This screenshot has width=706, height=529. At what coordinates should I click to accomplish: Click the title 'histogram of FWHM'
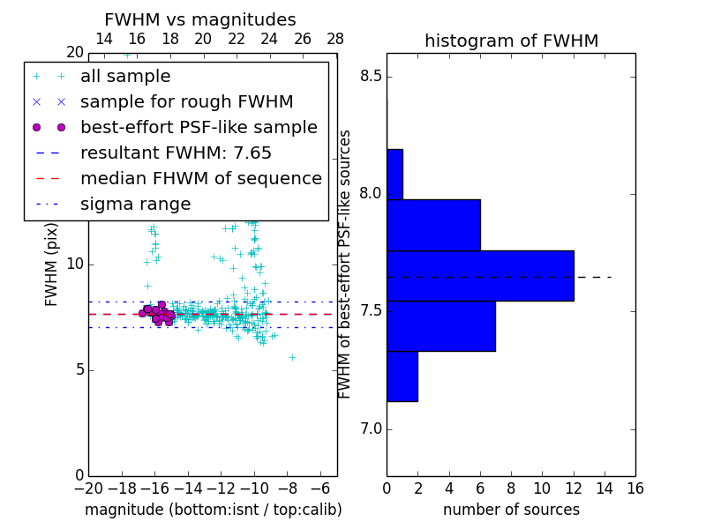511,41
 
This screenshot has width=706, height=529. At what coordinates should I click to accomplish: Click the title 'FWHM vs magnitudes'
200,20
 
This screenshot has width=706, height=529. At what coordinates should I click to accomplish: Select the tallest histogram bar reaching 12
480,276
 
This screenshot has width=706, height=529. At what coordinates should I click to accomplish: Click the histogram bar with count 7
441,326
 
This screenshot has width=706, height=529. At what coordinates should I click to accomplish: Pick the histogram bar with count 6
433,225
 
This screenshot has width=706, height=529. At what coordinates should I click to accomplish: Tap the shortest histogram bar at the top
394,175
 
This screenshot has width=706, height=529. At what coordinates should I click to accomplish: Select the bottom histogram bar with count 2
402,376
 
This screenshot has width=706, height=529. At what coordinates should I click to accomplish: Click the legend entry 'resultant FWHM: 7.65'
176,153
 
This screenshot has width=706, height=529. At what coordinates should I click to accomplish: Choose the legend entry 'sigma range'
135,205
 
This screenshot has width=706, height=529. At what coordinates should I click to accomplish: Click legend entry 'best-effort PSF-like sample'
199,127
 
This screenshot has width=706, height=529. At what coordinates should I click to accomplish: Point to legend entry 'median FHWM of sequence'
200,178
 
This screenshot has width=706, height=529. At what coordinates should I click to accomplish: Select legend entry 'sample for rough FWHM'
186,101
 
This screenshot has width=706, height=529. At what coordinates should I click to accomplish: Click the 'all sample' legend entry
125,76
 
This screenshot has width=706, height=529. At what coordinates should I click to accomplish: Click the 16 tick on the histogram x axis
635,488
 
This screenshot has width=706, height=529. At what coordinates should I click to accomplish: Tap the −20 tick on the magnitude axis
88,488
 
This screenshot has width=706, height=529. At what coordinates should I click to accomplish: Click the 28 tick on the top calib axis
335,39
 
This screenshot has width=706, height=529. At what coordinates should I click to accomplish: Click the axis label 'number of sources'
511,510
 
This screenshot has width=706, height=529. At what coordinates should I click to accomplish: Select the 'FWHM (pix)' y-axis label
52,264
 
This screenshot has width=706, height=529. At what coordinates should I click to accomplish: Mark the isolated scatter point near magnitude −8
292,357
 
